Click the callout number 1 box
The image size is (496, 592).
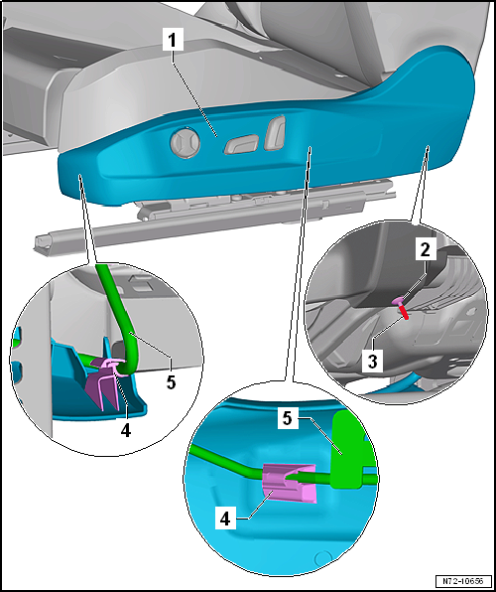coord(174,41)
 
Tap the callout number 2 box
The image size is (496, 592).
coord(426,249)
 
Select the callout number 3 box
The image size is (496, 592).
coord(372,362)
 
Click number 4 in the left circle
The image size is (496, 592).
coord(126,430)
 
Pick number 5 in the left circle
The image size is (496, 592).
coord(172,382)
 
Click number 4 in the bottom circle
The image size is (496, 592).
coord(225,520)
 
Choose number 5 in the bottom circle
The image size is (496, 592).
coord(288,419)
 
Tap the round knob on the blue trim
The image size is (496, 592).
coord(186,143)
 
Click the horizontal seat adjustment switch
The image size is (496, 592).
coord(241,145)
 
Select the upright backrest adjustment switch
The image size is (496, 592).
coord(275,133)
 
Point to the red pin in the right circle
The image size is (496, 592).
coord(404,312)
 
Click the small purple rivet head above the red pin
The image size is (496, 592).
coord(398,301)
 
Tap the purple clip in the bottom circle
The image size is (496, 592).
coord(290,484)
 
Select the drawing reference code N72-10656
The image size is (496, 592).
coord(464,580)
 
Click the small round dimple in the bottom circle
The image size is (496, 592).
coord(321,558)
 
